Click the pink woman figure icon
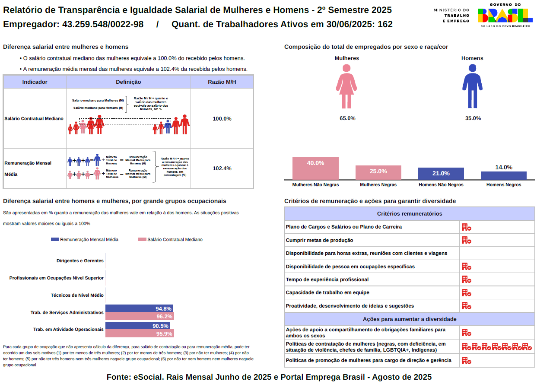(346, 86)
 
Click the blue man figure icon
(472, 86)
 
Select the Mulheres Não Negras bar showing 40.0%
(315, 168)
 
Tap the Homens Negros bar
(503, 175)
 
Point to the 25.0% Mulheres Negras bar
(378, 172)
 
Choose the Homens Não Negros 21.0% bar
(441, 174)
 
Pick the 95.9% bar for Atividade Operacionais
(140, 333)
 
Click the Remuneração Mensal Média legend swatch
(55, 239)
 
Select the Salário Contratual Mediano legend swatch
(142, 239)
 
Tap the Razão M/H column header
(222, 82)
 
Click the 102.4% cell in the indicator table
(222, 168)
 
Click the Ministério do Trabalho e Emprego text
(451, 15)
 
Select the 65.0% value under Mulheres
(347, 118)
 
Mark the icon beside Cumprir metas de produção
(466, 240)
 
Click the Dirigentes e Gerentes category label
(80, 261)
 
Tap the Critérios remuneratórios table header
(409, 214)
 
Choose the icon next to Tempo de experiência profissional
(466, 279)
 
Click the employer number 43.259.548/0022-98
(103, 24)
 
